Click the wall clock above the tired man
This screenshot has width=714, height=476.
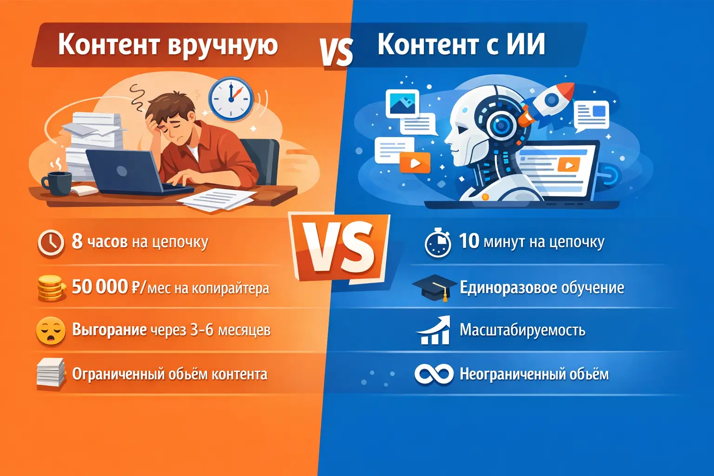click(x=230, y=99)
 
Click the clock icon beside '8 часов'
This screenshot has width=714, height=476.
click(x=51, y=243)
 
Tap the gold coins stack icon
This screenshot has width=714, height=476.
click(x=50, y=287)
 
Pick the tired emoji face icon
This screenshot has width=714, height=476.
click(x=51, y=331)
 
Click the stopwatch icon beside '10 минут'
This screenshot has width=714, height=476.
click(x=437, y=242)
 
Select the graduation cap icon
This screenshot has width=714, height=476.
click(x=434, y=287)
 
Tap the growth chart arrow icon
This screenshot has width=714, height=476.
click(x=434, y=330)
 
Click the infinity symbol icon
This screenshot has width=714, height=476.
click(x=433, y=374)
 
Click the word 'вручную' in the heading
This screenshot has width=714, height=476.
click(x=223, y=46)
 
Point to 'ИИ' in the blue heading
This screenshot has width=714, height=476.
click(x=525, y=45)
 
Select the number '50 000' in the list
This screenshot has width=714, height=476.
click(x=99, y=287)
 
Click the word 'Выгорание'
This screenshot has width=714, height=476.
click(x=109, y=330)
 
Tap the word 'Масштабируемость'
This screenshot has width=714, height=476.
click(x=522, y=330)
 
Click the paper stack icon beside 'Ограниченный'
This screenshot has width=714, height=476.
click(x=51, y=373)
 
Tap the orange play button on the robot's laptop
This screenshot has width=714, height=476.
click(x=568, y=165)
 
